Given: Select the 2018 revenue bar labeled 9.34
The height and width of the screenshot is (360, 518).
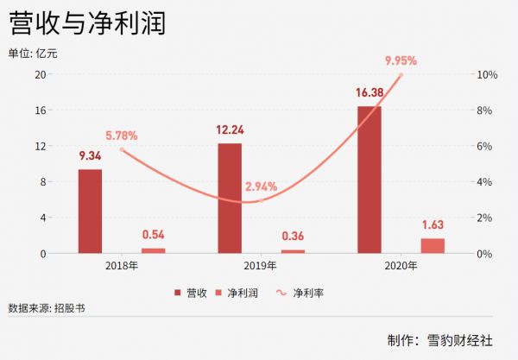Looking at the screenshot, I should (90, 211).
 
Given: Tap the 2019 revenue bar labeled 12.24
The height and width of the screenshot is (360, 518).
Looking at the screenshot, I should (230, 198).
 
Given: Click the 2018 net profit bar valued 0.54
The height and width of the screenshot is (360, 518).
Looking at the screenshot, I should (153, 250).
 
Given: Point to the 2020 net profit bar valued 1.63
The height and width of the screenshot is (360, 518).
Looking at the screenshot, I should (433, 245).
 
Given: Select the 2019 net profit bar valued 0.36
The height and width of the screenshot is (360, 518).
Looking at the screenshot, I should (293, 251).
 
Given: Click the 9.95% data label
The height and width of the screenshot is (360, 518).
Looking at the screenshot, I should (401, 60).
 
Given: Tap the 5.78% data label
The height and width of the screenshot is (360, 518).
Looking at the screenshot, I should (121, 136).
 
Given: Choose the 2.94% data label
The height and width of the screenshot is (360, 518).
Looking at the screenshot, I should (261, 186).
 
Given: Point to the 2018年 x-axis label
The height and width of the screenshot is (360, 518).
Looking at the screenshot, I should (121, 266).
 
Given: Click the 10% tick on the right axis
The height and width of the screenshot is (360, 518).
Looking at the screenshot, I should (488, 75).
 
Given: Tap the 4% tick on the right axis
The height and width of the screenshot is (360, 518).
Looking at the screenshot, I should (486, 182).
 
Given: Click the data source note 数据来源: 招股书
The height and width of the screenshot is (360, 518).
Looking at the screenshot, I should (47, 308).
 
